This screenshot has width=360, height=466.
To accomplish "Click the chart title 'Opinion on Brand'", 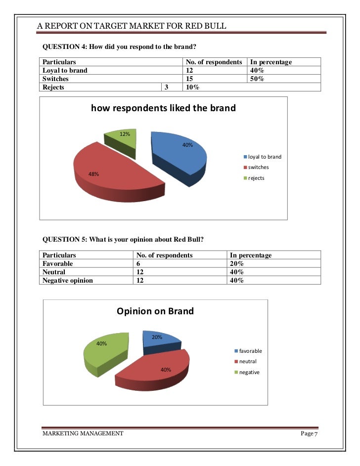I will point(155,311).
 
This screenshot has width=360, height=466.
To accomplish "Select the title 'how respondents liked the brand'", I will point(163,108).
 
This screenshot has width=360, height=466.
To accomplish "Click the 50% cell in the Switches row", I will point(257,79).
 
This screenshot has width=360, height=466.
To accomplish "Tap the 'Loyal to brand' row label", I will point(65,70).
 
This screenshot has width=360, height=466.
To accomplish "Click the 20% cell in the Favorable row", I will point(236,263).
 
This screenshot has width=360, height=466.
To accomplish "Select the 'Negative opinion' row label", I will point(68,280).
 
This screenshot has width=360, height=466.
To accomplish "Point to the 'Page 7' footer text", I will point(309,433).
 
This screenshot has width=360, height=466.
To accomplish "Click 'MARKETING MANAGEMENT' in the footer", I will point(83,433).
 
